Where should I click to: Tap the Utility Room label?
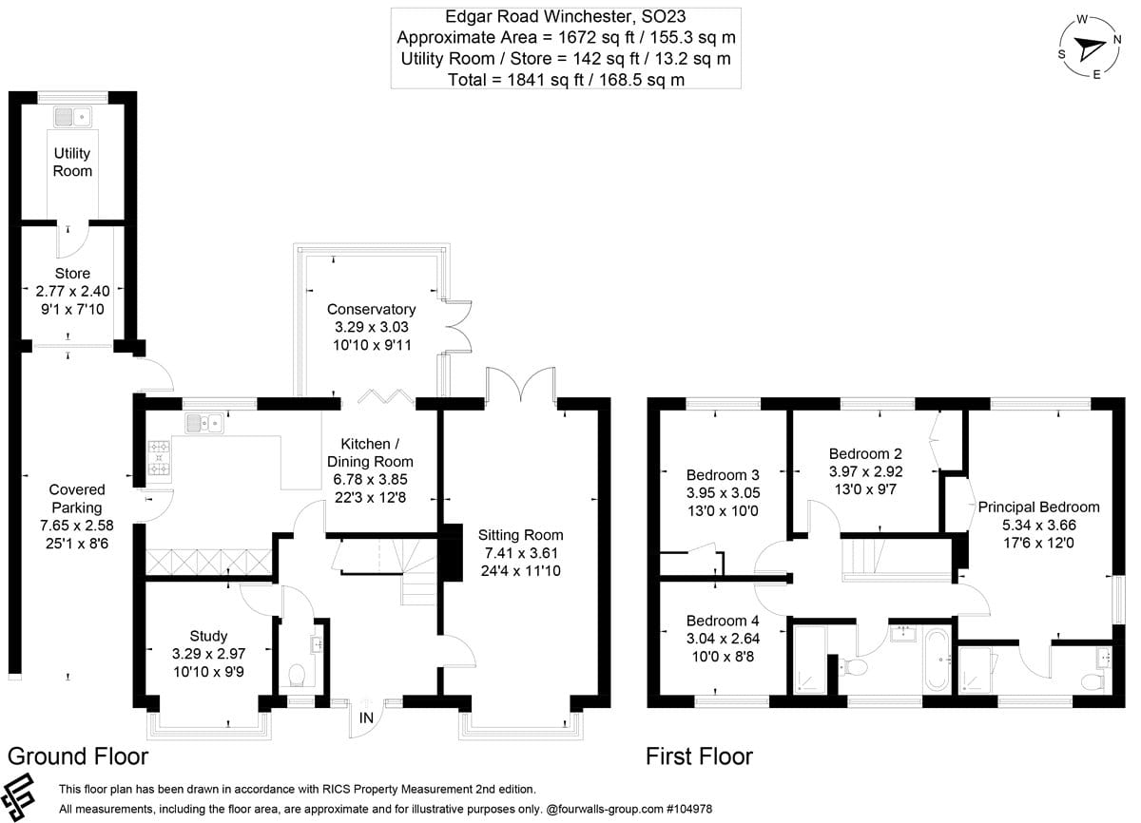tap(73, 162)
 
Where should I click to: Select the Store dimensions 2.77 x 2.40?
tap(72, 291)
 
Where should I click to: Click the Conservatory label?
tap(371, 309)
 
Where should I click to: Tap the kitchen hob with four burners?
tap(158, 459)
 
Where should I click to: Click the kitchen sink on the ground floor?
tap(204, 422)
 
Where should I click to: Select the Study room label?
tap(207, 636)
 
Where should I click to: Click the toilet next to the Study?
tap(296, 675)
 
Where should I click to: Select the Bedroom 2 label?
tap(864, 453)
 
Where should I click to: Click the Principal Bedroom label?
tap(1038, 507)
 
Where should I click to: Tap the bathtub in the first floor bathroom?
tap(934, 659)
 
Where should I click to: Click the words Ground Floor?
tap(78, 756)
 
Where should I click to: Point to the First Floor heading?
tap(699, 756)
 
